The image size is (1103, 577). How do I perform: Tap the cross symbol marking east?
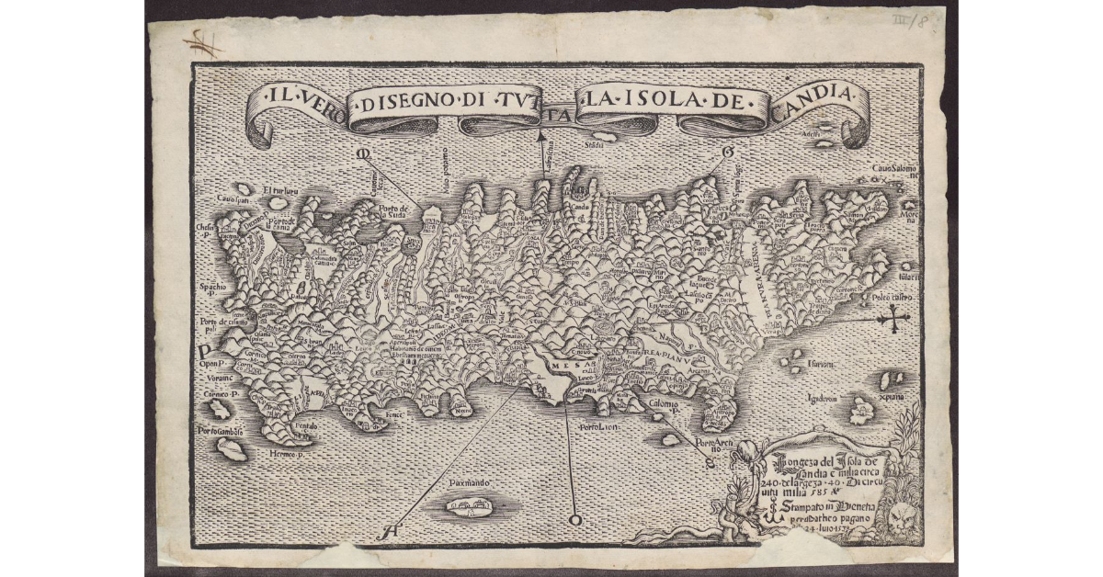click(x=893, y=320)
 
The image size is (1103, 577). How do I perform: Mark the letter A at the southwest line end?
click(x=391, y=531)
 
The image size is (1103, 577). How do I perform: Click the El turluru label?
click(x=279, y=191)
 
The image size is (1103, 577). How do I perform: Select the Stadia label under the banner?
click(x=597, y=143)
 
